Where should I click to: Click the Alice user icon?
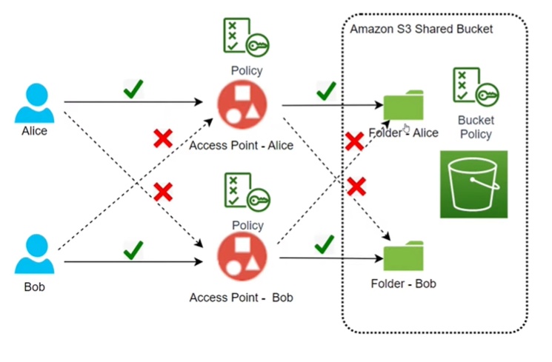(34, 103)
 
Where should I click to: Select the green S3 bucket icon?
(473, 184)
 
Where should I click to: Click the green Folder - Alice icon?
(403, 107)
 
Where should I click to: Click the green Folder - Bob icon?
(403, 255)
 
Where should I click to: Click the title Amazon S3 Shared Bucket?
(421, 29)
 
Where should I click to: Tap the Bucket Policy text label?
(475, 127)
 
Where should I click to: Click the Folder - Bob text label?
(403, 284)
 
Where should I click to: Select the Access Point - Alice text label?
(242, 145)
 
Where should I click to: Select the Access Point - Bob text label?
(241, 298)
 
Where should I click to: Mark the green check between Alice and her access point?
(133, 90)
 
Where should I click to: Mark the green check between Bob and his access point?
(133, 249)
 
